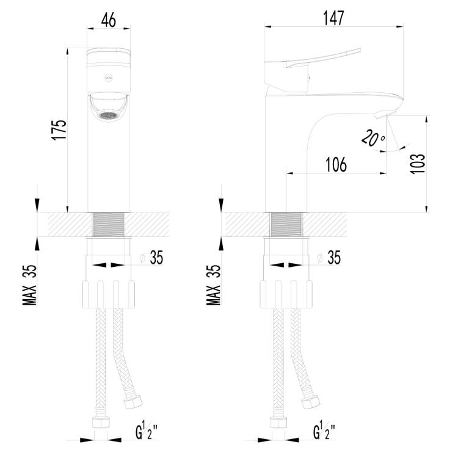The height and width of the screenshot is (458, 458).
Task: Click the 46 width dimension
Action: pos(109,20)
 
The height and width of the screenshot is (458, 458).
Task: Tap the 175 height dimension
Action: pos(59,129)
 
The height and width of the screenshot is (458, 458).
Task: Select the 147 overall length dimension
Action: pos(333,18)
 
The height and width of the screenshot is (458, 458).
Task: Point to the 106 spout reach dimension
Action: pos(336,164)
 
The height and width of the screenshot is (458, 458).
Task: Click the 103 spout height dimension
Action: pos(418,164)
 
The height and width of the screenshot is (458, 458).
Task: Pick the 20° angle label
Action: pos(373,139)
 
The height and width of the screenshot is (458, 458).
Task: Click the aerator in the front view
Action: pos(108,115)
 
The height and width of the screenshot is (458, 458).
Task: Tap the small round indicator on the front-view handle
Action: pos(108,78)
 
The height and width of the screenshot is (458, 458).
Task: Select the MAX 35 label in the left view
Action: pos(30,285)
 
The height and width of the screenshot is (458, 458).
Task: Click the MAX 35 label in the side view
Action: pos(214,285)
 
